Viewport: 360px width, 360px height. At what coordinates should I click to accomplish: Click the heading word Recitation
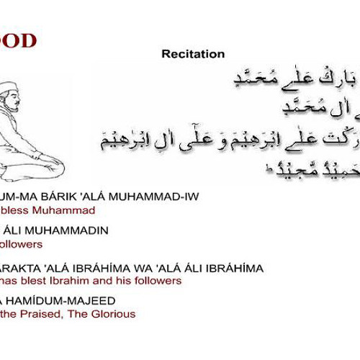coord(193,54)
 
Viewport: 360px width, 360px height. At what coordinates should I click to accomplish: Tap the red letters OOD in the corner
coord(18,40)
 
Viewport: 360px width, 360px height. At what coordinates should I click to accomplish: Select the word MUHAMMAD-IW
coord(162,197)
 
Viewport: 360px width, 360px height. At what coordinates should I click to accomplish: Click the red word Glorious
coord(113,314)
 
